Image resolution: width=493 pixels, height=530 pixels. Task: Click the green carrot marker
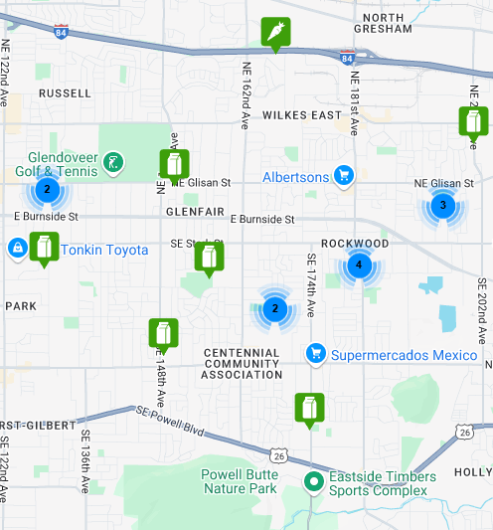(x=275, y=33)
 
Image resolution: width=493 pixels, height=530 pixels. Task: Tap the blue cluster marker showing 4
(x=359, y=265)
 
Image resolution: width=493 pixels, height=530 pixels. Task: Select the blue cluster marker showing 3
(x=442, y=206)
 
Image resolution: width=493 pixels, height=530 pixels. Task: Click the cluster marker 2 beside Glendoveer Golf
(x=46, y=188)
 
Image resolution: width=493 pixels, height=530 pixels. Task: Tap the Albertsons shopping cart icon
(x=344, y=176)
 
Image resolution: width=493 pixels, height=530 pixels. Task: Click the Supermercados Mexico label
(x=405, y=354)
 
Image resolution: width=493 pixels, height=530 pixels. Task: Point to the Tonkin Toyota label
(x=104, y=250)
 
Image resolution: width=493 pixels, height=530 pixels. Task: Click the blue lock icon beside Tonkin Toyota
(x=17, y=247)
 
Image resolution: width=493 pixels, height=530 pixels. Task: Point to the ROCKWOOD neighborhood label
(x=355, y=244)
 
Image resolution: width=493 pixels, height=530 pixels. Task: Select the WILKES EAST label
(x=301, y=115)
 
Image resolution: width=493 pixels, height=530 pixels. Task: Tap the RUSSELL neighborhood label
(x=64, y=93)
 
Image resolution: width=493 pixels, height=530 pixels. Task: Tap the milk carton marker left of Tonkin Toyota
(x=44, y=248)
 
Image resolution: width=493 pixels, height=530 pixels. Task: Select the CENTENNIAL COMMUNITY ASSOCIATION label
(x=242, y=364)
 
